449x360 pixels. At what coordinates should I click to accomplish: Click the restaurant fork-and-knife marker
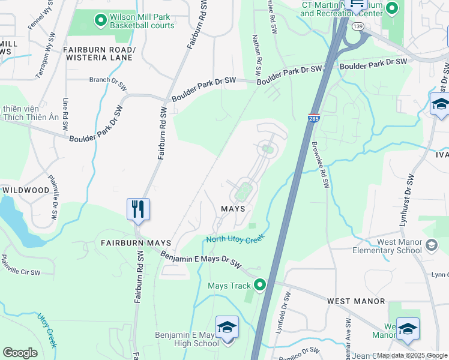pyautogui.click(x=138, y=209)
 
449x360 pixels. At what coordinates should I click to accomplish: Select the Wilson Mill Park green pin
pyautogui.click(x=100, y=20)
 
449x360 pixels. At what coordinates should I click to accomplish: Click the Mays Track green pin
pyautogui.click(x=260, y=285)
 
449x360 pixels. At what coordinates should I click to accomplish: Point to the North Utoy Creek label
pyautogui.click(x=235, y=239)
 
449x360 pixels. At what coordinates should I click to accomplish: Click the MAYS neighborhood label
pyautogui.click(x=233, y=209)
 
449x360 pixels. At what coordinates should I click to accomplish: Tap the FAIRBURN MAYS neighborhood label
pyautogui.click(x=136, y=243)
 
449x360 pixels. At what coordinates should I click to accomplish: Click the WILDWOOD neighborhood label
pyautogui.click(x=25, y=190)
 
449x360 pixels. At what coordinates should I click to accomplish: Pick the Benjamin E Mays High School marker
pyautogui.click(x=227, y=328)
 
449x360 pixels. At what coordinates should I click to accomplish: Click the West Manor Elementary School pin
pyautogui.click(x=430, y=245)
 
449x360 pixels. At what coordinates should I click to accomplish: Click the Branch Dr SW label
pyautogui.click(x=107, y=80)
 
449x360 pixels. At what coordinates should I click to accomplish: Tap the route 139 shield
pyautogui.click(x=358, y=26)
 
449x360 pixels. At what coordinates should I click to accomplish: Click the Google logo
pyautogui.click(x=20, y=353)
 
